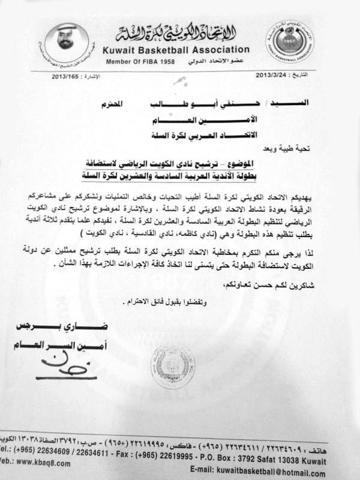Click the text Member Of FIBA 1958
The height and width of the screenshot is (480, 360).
135,62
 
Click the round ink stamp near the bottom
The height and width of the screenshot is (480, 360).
172,367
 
